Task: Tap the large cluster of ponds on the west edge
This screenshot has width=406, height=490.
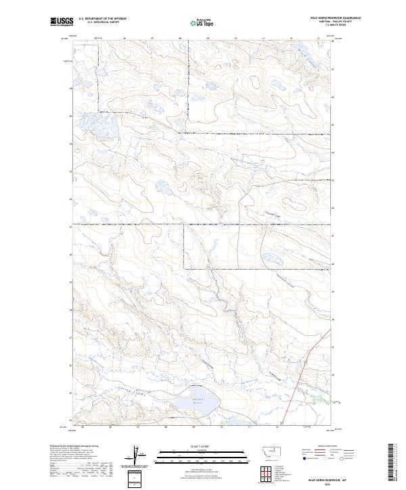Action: click(x=95, y=124)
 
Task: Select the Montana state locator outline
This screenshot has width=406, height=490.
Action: click(x=271, y=451)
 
